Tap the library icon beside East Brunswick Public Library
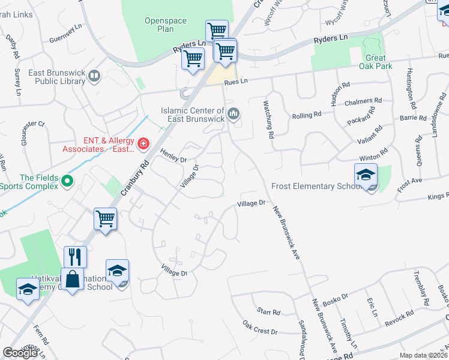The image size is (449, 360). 94,76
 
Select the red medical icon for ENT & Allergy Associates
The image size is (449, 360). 143,143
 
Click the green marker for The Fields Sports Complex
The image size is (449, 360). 67,180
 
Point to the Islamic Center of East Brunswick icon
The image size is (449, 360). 234,113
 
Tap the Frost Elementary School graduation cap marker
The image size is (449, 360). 366,175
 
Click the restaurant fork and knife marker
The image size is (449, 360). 75,257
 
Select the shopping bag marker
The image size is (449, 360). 72,280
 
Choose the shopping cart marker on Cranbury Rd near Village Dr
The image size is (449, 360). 105,219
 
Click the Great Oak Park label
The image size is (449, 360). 375,62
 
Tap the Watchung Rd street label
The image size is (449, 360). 268,119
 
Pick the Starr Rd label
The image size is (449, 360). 268,312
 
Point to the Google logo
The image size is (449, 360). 20,353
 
